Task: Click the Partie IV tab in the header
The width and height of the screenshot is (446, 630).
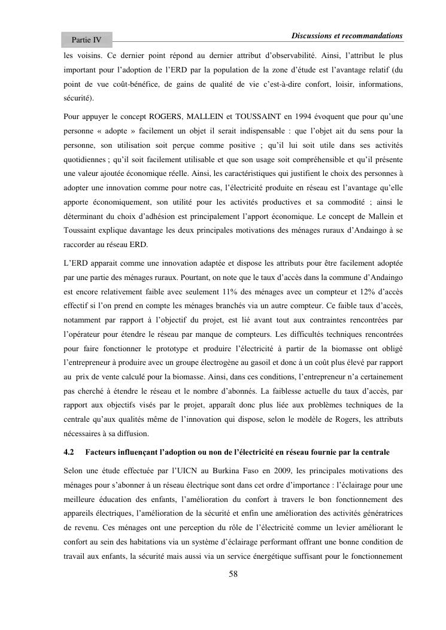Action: pos(86,40)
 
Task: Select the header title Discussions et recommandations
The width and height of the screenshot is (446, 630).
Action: pos(347,35)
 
